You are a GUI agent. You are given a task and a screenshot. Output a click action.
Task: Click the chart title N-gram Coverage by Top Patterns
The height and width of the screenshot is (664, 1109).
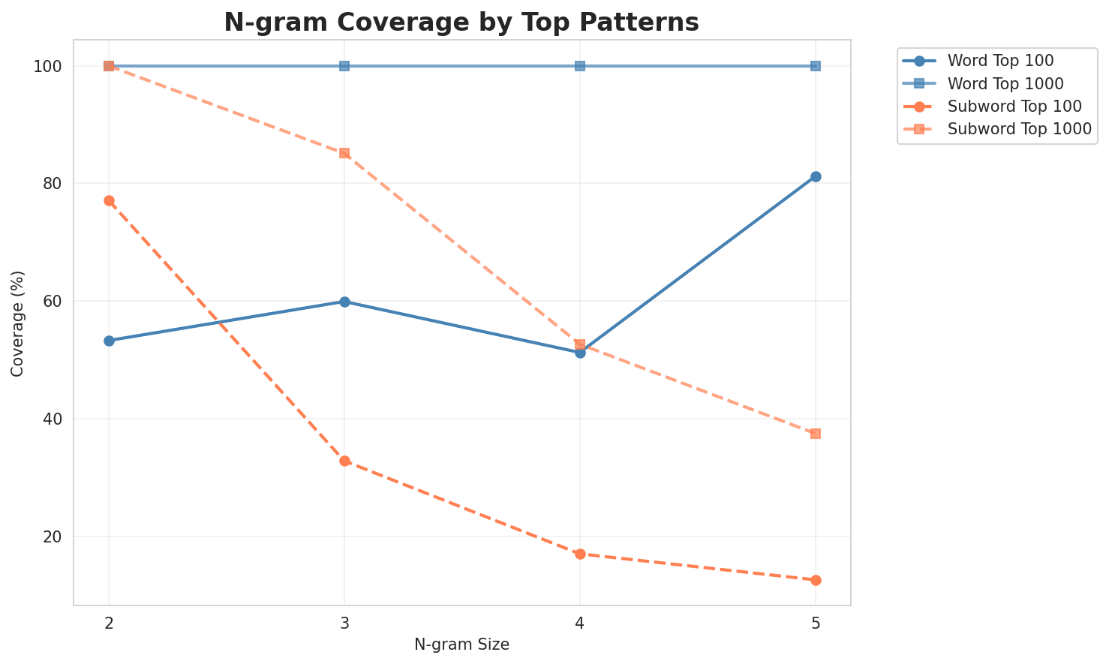point(461,23)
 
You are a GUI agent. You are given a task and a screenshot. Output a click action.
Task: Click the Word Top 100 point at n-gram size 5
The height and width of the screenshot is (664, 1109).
point(816,176)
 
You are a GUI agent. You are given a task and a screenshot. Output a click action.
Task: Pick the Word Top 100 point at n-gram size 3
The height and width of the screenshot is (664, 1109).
point(344,302)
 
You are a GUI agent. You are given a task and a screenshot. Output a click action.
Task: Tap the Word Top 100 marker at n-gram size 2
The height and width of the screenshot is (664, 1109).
point(109,341)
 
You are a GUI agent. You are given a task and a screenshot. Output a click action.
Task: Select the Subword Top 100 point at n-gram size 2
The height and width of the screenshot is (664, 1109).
point(109,200)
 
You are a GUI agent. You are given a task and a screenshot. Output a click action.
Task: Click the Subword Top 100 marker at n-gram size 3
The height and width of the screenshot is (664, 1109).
point(344,461)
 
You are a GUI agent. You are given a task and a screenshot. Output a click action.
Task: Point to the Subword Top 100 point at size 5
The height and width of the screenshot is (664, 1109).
point(816,580)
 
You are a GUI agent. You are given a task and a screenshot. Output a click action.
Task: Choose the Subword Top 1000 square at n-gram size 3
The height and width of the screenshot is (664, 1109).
point(344,153)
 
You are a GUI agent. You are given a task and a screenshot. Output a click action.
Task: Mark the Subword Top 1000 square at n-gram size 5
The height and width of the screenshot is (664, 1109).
point(816,434)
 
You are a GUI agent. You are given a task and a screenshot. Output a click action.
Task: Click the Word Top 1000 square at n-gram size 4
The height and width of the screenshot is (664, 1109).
point(580,66)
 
